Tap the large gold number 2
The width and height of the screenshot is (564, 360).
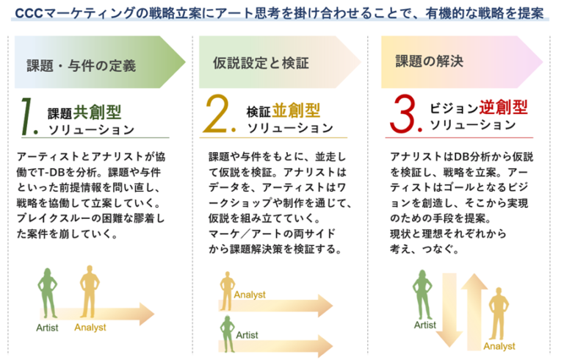(217, 114)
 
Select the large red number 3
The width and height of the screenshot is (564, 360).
(404, 114)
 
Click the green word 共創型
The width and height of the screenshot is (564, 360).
(97, 112)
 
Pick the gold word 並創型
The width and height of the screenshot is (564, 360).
(296, 110)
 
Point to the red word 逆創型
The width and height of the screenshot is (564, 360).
(503, 107)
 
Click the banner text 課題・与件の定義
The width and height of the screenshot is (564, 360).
(82, 66)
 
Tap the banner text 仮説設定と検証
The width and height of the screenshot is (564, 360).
(261, 63)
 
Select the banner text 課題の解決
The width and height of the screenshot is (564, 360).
(429, 61)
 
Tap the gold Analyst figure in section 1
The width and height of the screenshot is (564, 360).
(90, 292)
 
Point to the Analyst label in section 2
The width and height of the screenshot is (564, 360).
(250, 295)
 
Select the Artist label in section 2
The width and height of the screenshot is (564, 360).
(247, 335)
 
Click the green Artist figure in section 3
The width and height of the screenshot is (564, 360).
(422, 295)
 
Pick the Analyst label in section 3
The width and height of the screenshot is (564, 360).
(499, 346)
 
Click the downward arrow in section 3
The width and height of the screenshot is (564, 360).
(449, 309)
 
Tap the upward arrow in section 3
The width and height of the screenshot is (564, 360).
(474, 312)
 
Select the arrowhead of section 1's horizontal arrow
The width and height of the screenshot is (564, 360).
(147, 314)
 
